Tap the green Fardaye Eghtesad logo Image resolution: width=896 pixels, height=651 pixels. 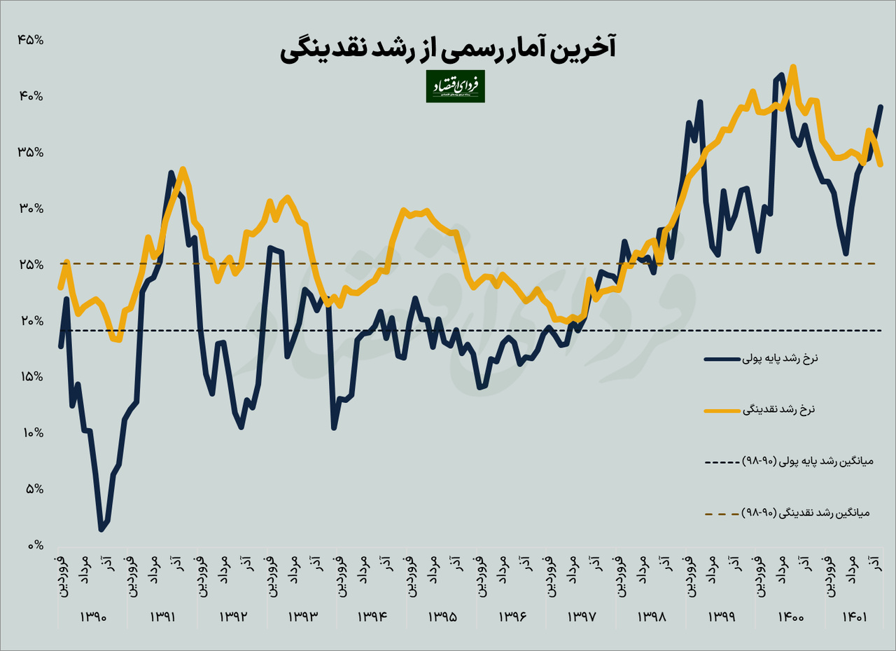[455, 86]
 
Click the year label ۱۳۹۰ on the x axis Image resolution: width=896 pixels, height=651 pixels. [92, 617]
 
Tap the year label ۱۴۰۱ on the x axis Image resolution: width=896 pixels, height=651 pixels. [855, 617]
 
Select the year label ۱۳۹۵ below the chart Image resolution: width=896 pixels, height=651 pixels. [442, 617]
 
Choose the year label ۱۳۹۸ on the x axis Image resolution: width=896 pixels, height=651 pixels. [652, 617]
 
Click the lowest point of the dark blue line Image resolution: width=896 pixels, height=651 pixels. [101, 530]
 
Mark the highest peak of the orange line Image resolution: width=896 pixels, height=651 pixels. [792, 67]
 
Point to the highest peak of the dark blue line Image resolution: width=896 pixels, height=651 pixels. [781, 74]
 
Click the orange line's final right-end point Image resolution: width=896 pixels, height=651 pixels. [881, 165]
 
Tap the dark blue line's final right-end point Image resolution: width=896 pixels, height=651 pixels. [881, 107]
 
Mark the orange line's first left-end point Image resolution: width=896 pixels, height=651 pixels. [61, 287]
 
